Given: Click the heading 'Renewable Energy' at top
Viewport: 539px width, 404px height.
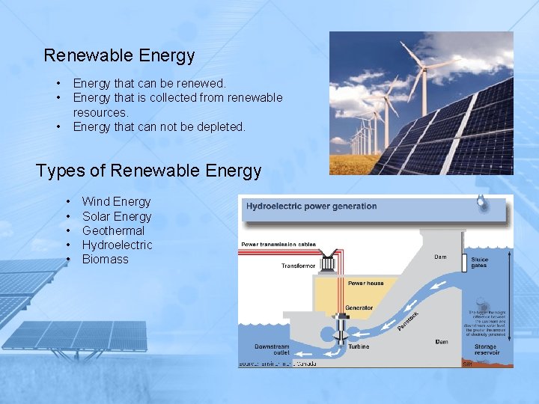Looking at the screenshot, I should (119, 55).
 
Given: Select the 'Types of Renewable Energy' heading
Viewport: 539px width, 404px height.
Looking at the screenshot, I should (148, 171).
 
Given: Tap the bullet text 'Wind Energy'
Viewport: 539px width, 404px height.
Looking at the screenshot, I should (116, 201).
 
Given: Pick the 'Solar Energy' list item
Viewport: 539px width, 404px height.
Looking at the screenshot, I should (116, 216).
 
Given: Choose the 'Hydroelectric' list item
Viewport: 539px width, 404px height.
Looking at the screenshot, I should (117, 245).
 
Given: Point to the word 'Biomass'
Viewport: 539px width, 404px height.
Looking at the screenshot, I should (105, 259).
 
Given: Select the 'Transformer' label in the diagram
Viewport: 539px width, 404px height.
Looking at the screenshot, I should (298, 266).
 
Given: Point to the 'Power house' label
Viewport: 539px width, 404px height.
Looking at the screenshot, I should (366, 284).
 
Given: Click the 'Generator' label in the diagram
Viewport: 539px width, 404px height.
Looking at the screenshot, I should (359, 308).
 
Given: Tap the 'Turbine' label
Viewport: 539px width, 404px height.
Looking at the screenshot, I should (359, 347).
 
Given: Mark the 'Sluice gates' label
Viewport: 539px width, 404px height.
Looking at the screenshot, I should (480, 262).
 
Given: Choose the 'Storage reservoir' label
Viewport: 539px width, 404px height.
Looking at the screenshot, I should (484, 349).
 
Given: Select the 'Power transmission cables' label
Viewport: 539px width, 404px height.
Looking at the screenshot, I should (278, 245).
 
